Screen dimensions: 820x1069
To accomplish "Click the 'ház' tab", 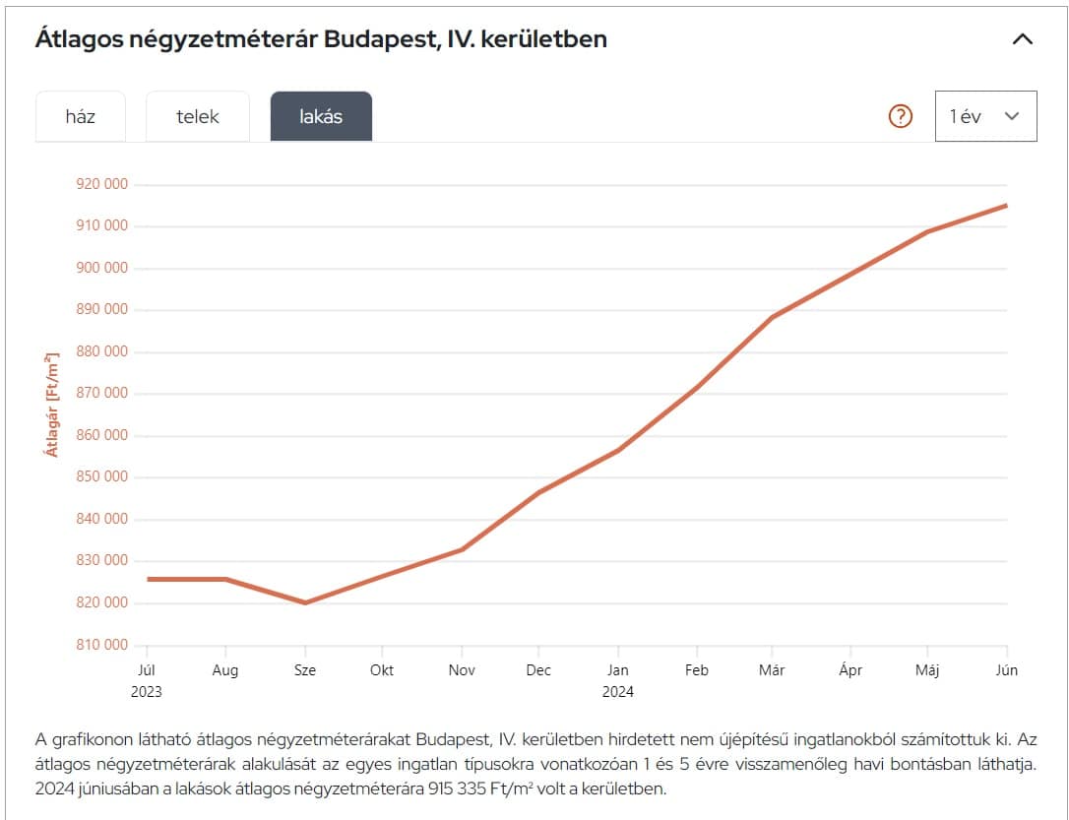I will pyautogui.click(x=81, y=116).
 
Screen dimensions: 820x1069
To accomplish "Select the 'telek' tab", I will pyautogui.click(x=198, y=116).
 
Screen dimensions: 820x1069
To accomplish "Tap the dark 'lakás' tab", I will pyautogui.click(x=321, y=116).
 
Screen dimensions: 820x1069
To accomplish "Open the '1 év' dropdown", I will pyautogui.click(x=985, y=116).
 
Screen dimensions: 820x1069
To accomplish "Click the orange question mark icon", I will pyautogui.click(x=901, y=116).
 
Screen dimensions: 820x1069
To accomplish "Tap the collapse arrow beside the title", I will pyautogui.click(x=1023, y=40).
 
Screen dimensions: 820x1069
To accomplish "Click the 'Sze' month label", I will pyautogui.click(x=304, y=670).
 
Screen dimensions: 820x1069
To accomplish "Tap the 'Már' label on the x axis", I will pyautogui.click(x=774, y=670).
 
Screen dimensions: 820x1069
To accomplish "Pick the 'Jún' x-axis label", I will pyautogui.click(x=1006, y=670).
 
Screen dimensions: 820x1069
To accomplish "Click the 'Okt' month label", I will pyautogui.click(x=382, y=670).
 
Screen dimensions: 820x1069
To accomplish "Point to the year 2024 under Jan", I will pyautogui.click(x=618, y=691).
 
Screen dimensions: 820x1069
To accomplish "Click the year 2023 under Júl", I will pyautogui.click(x=147, y=691).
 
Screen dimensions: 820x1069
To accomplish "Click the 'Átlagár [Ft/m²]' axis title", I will pyautogui.click(x=52, y=404).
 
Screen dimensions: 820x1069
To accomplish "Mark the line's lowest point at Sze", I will pyautogui.click(x=305, y=602).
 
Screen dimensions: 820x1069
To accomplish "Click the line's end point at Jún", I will pyautogui.click(x=1006, y=206).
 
